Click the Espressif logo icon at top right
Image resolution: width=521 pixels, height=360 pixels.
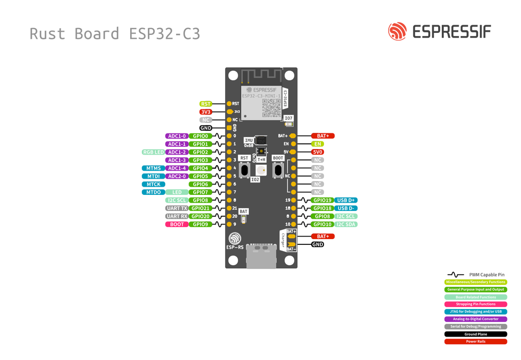tap(397, 31)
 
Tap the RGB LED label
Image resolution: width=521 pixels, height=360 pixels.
tap(153, 152)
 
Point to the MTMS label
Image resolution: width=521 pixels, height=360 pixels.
tap(153, 168)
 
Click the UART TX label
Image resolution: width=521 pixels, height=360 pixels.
tap(177, 208)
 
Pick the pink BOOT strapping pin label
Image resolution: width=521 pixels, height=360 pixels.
tap(177, 225)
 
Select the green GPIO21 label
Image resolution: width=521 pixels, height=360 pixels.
tap(200, 208)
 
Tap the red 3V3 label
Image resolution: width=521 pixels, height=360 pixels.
tap(206, 112)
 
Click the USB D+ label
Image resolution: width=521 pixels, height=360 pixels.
tap(346, 200)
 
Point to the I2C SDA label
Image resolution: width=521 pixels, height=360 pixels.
tap(346, 225)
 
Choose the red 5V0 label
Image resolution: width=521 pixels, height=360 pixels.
tap(317, 152)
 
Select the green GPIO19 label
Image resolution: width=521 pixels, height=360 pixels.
tap(322, 200)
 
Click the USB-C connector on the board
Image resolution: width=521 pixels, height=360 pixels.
tap(261, 255)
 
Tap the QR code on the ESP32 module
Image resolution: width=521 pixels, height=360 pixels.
tap(271, 107)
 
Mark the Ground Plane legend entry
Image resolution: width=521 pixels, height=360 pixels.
tap(475, 334)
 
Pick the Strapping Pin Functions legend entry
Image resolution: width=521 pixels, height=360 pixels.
tap(475, 304)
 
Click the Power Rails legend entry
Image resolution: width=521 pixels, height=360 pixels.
tap(475, 342)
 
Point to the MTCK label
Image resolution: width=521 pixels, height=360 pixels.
tap(153, 184)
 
